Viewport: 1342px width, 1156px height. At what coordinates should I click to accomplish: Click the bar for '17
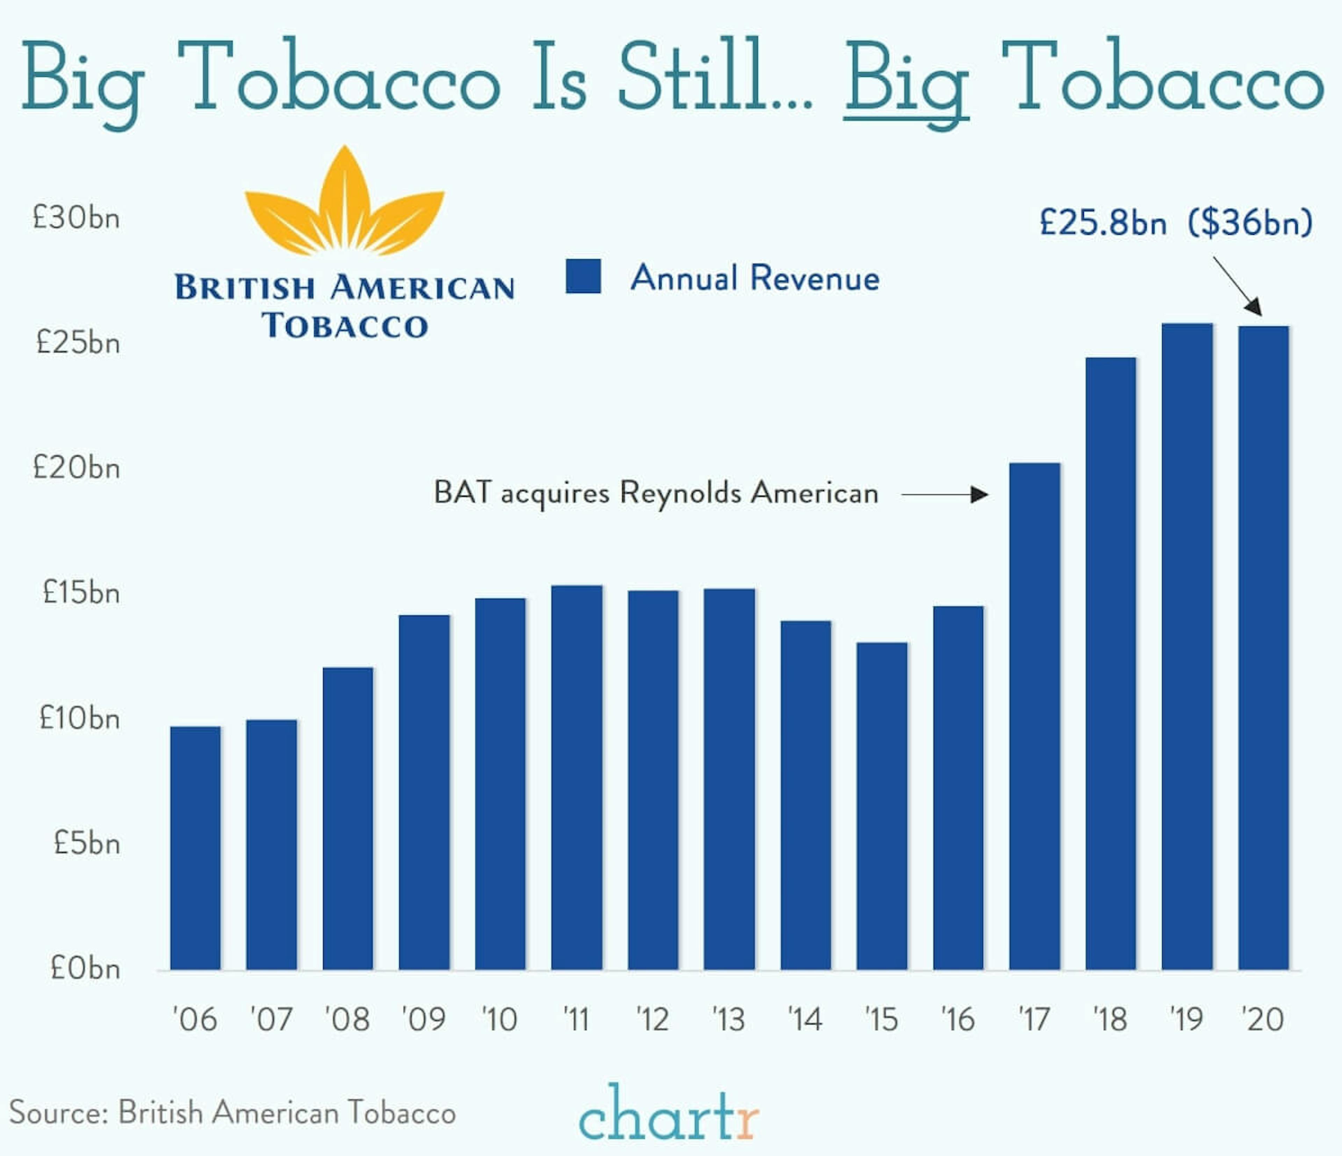[1034, 716]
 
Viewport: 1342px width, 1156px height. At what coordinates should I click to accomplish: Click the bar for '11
[576, 777]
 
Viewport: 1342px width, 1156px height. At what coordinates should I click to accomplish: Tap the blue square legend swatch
[583, 276]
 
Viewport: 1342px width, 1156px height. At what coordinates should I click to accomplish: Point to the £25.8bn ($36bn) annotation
[1176, 222]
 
